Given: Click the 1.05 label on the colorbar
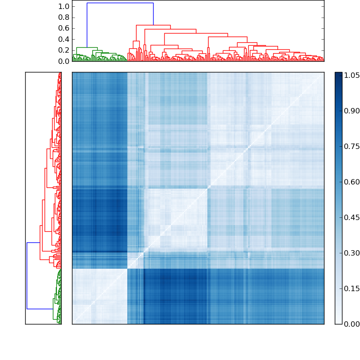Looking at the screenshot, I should click(x=352, y=76).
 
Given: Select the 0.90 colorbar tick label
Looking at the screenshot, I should click(x=352, y=111).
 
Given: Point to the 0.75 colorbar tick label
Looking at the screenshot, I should click(x=352, y=147).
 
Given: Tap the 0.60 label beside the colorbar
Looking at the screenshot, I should click(x=352, y=182).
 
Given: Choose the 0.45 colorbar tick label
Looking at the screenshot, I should click(x=352, y=217).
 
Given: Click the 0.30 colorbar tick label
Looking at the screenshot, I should click(x=352, y=253).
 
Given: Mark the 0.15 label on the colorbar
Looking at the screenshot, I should click(x=352, y=288).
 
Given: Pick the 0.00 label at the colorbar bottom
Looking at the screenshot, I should click(x=352, y=324).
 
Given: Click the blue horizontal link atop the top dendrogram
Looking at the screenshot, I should click(x=120, y=3).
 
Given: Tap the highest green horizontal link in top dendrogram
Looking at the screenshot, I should click(x=87, y=47).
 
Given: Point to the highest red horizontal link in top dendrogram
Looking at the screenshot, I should click(x=153, y=25).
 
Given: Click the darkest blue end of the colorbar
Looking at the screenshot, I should click(x=338, y=74).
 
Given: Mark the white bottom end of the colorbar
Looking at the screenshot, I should click(x=338, y=322).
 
